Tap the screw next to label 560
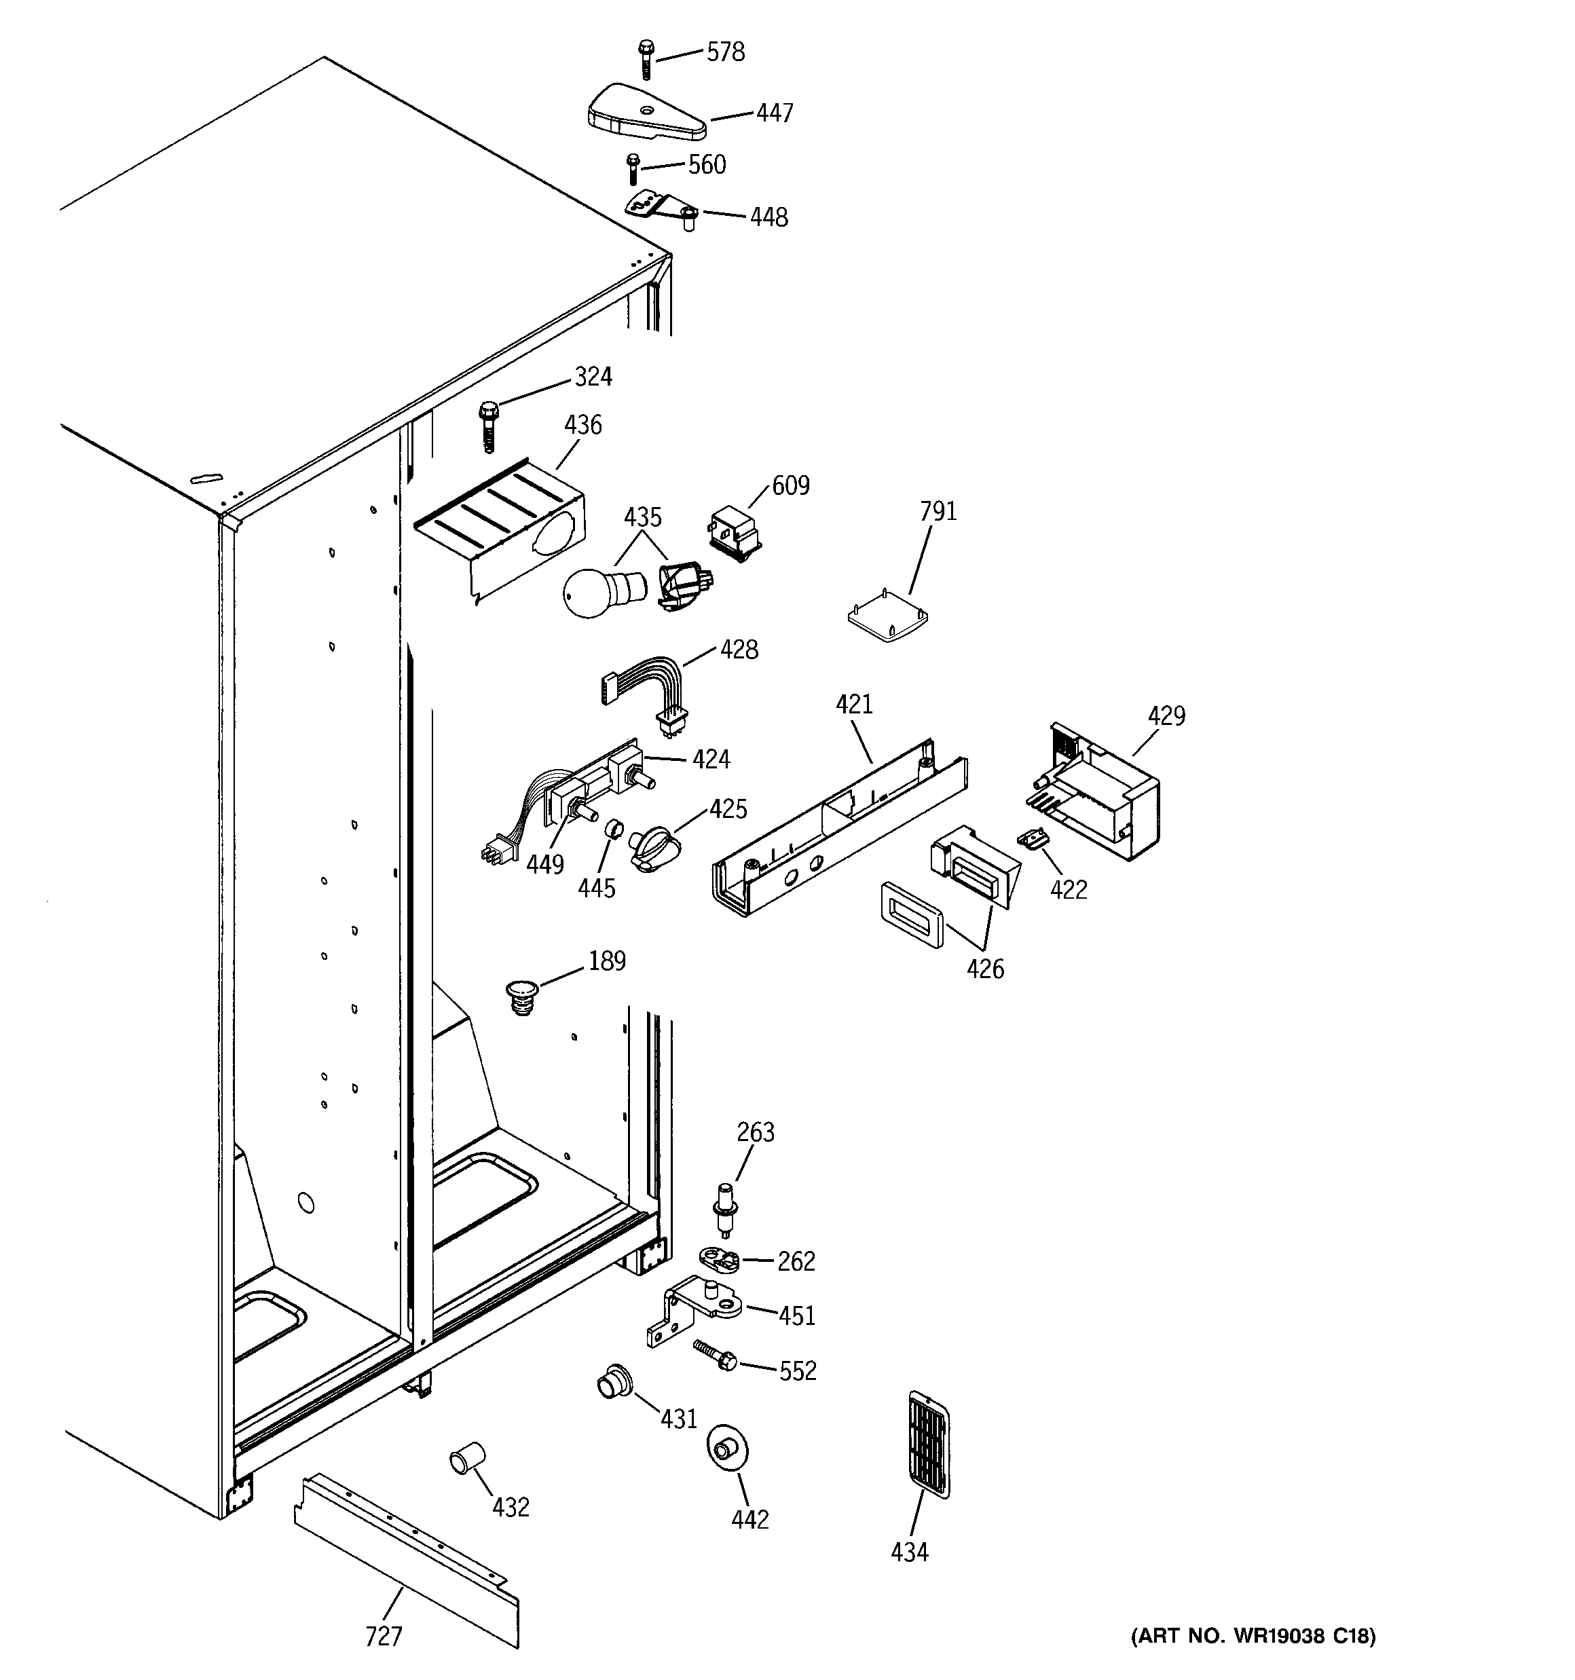[631, 168]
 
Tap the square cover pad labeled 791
[889, 615]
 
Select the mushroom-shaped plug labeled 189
[524, 996]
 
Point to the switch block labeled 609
[733, 532]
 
